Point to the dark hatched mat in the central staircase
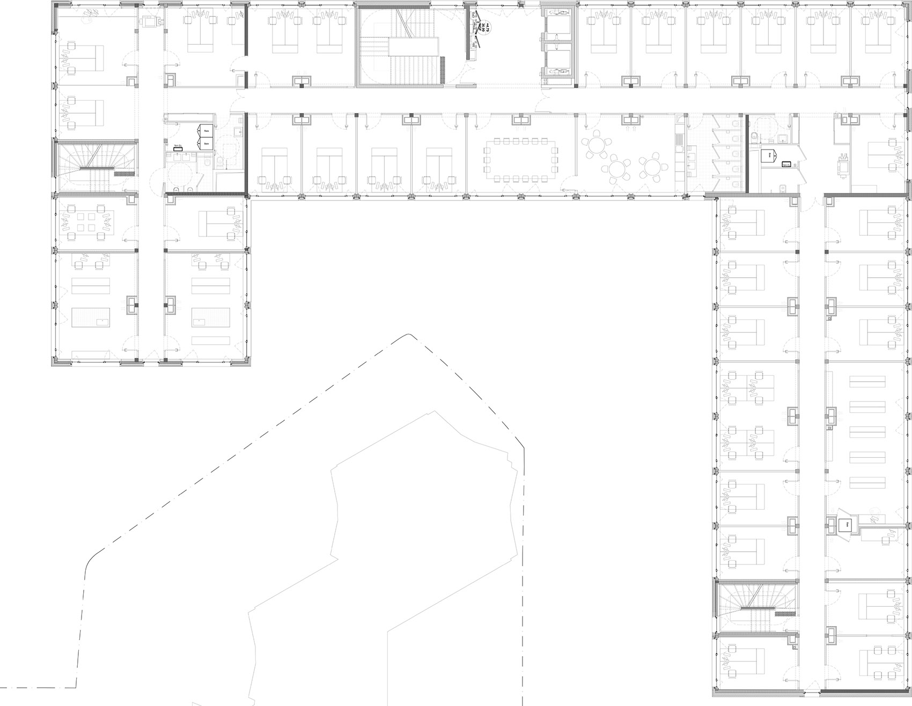[443, 70]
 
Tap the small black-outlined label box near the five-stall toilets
[786, 165]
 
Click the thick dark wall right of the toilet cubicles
[746, 153]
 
